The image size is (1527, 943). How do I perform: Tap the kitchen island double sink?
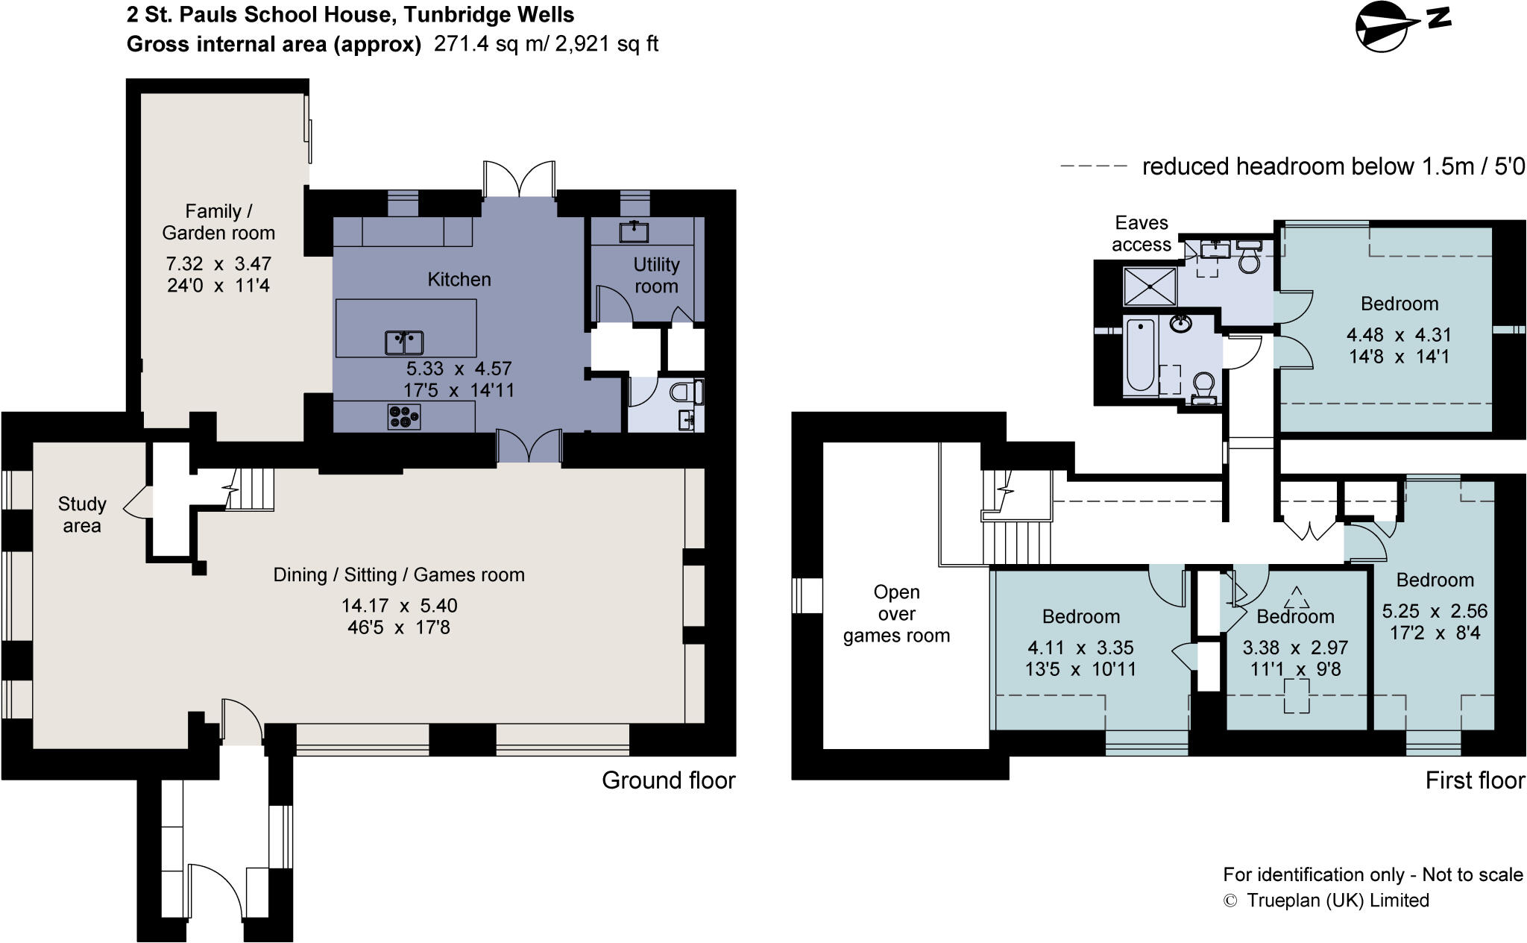tap(404, 342)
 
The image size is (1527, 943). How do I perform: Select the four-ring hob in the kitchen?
tap(404, 416)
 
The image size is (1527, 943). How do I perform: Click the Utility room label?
tap(656, 275)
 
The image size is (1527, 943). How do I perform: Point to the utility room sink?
tap(634, 232)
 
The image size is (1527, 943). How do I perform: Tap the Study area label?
tap(82, 515)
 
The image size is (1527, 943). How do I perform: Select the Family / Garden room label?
tap(218, 222)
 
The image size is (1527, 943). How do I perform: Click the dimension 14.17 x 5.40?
tap(399, 606)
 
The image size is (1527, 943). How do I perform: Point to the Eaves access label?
tap(1142, 234)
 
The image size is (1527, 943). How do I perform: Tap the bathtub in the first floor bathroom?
tap(1140, 355)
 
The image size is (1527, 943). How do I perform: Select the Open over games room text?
tap(896, 614)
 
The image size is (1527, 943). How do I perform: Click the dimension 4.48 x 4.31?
tap(1399, 335)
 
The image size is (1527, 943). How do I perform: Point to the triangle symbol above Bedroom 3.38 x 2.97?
tap(1297, 598)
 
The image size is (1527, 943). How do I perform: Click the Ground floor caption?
tap(668, 780)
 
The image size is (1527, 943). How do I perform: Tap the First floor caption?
tap(1474, 780)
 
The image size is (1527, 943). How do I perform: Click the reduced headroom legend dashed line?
tap(1093, 166)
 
